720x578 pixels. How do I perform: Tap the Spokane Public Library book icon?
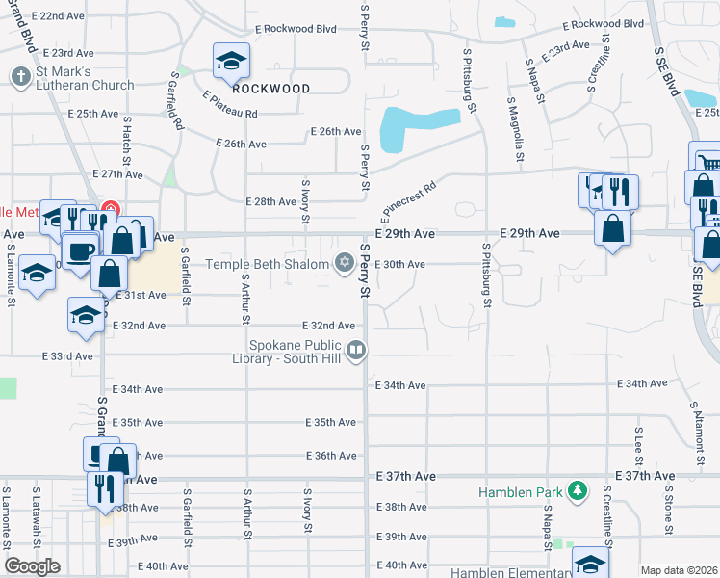pos(356,351)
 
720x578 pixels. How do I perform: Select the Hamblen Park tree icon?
pos(577,491)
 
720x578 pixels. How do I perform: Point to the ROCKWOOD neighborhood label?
pos(271,89)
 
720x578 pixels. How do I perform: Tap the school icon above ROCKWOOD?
pos(231,62)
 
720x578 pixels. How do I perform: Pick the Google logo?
pos(32,566)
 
